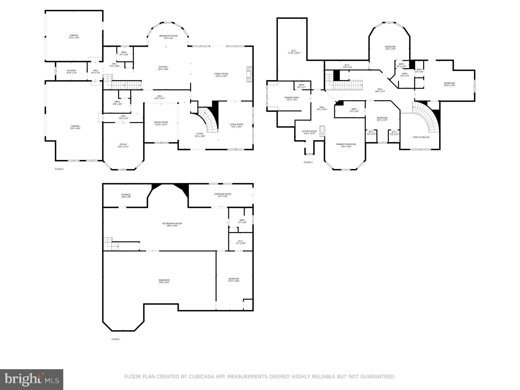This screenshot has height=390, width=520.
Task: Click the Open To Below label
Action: (x=421, y=137)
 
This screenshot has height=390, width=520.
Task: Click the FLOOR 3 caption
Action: (x=308, y=162)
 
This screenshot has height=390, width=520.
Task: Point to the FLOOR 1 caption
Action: (x=116, y=339)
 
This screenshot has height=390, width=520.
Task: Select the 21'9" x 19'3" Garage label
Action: (x=74, y=36)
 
